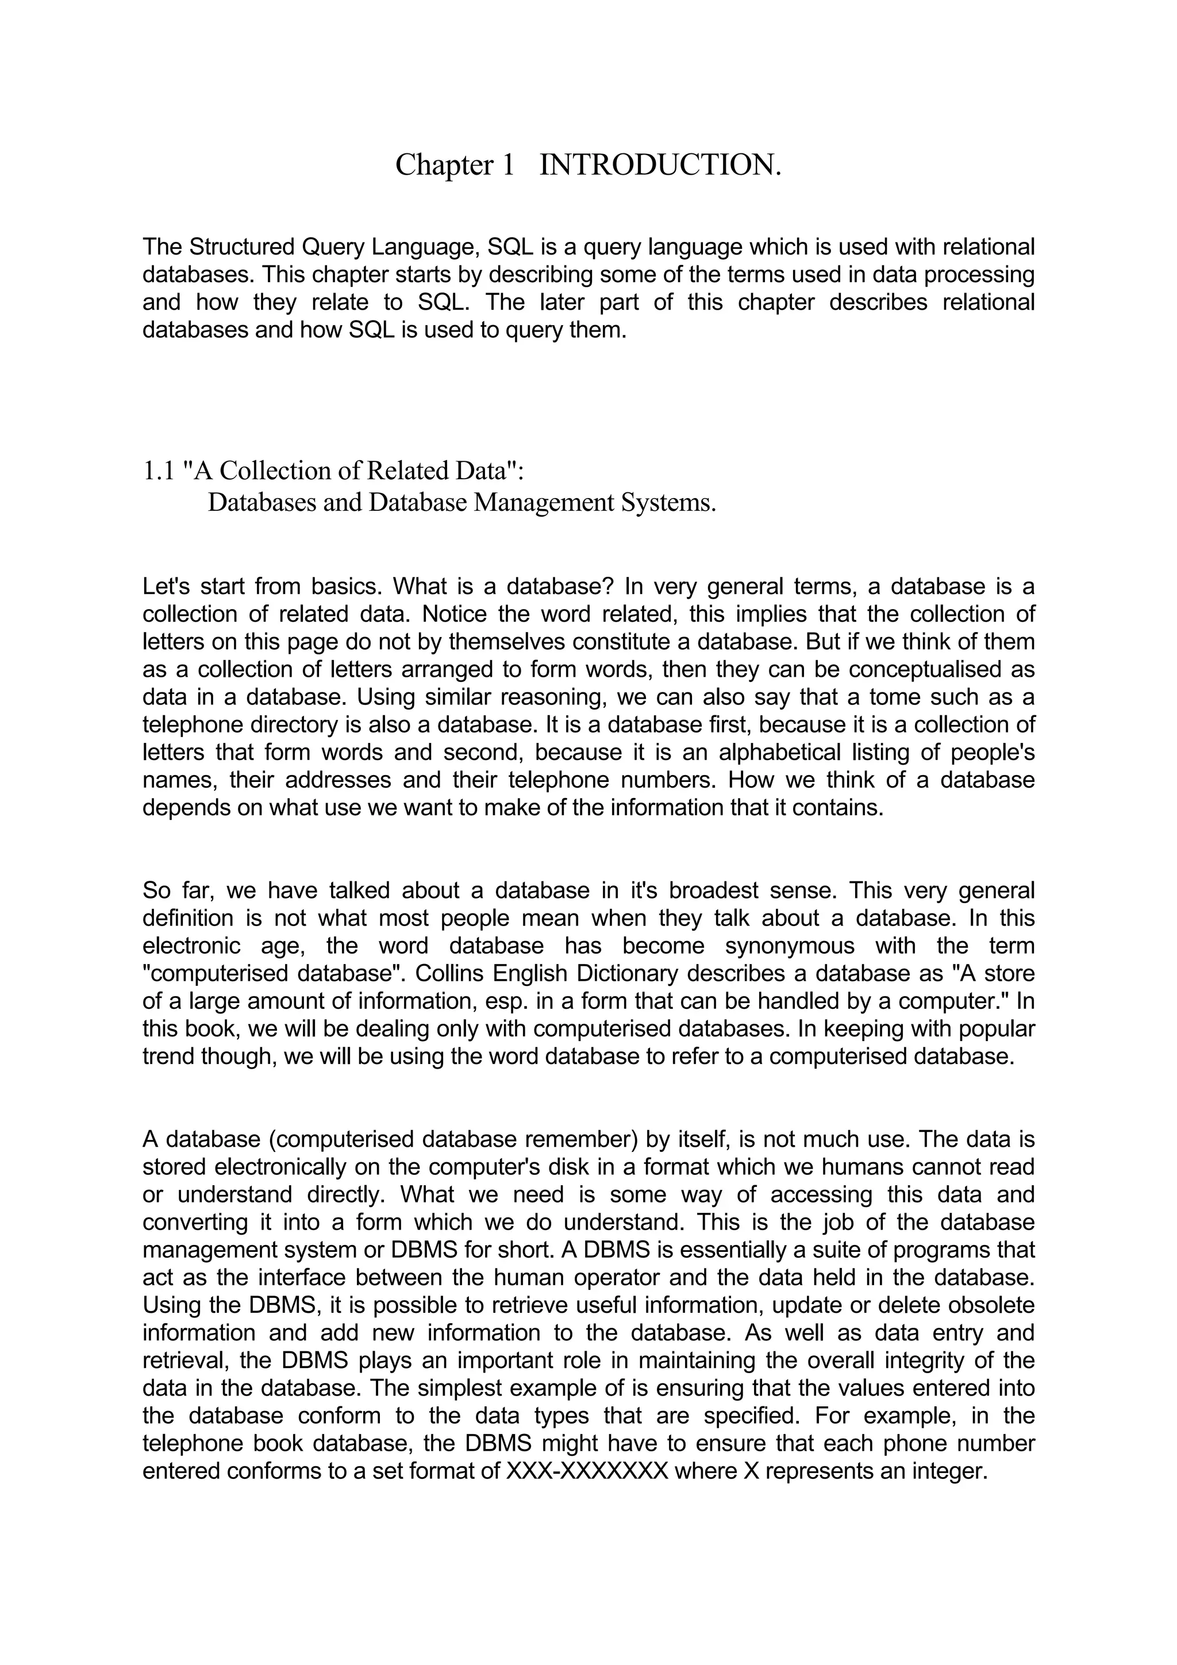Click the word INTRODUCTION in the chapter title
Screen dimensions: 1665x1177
tap(661, 165)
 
